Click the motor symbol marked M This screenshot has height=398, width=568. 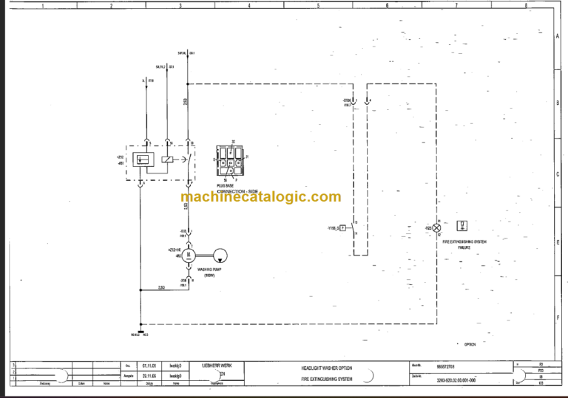pos(189,255)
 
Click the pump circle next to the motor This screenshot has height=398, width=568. pos(220,255)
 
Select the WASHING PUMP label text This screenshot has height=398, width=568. pos(211,270)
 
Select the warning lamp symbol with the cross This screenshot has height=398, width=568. pos(436,228)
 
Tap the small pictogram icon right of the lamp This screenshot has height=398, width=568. pos(462,224)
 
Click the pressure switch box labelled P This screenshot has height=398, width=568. pos(343,228)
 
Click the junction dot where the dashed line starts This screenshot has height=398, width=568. pos(189,83)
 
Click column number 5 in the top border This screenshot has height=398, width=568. pos(318,5)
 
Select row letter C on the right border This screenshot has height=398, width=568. pos(556,175)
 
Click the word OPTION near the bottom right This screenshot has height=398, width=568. pos(470,344)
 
